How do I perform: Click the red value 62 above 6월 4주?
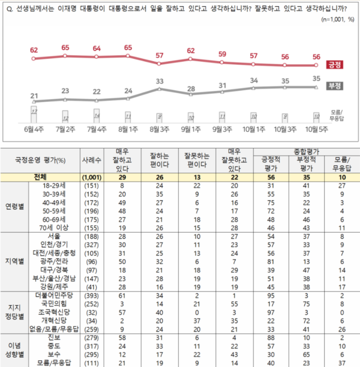[34, 50]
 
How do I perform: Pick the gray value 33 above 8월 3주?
[160, 80]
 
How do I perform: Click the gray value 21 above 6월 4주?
[34, 96]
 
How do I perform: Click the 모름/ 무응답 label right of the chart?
[339, 115]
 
